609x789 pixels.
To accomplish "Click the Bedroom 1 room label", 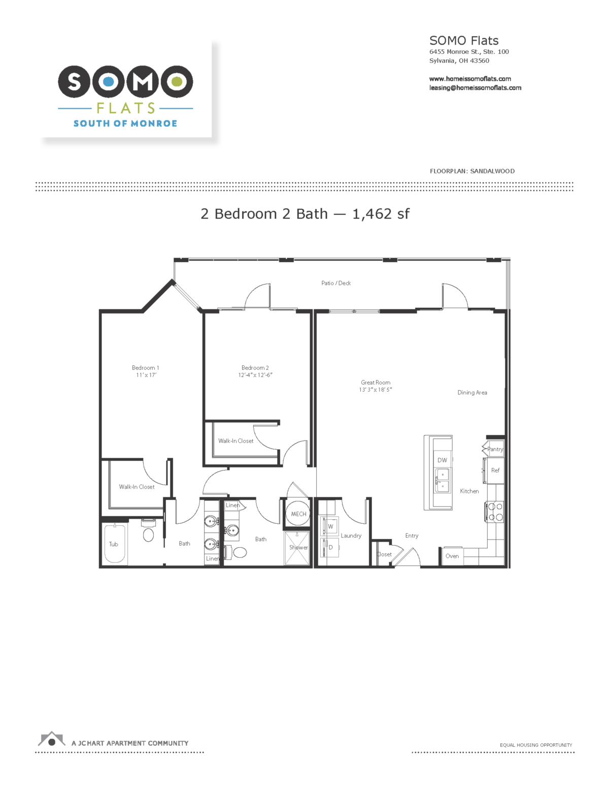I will point(145,368).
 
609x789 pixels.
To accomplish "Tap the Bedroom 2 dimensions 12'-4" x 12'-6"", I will point(255,375).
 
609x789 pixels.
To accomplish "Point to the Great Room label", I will point(376,383).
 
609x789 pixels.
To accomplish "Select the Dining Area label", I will point(472,393).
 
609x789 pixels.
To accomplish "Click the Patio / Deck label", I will point(336,283).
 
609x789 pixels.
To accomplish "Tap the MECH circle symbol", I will point(298,514).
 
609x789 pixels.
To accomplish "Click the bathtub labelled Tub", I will point(114,544).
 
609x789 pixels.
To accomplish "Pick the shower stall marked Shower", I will point(297,548).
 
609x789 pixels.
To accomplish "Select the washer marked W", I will point(330,526).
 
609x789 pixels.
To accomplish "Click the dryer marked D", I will point(330,547).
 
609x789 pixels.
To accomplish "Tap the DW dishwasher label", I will point(442,460).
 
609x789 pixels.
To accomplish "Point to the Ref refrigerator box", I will point(495,470).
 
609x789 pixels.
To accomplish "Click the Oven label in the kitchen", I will point(452,556).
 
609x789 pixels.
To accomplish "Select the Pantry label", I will point(495,449).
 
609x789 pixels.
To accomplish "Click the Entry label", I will point(412,535).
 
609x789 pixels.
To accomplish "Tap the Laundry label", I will point(351,535).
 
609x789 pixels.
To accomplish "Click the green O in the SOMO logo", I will point(177,81).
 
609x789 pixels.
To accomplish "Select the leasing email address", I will point(475,88).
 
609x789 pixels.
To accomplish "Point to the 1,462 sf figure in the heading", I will point(381,214).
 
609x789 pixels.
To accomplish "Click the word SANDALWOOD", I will point(492,171).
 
